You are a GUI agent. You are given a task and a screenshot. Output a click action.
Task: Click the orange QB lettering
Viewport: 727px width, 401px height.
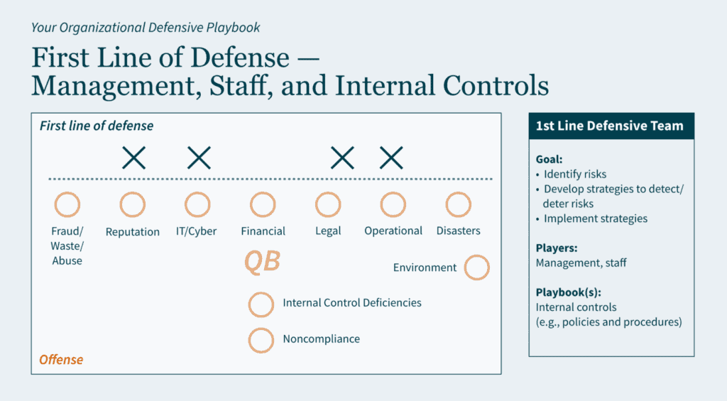(x=263, y=262)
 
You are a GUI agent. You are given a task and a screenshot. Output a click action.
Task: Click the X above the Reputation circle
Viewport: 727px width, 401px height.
(x=134, y=158)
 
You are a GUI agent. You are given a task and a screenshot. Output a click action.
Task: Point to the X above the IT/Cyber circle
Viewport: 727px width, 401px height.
(x=199, y=158)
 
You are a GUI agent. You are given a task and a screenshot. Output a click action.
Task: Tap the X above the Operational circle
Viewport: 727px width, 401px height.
(x=391, y=158)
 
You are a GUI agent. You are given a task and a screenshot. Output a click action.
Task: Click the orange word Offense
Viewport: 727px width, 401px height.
(x=61, y=360)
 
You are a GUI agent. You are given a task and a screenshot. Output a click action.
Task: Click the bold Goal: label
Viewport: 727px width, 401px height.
(x=549, y=160)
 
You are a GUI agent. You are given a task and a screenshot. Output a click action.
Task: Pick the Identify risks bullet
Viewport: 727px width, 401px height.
(x=572, y=175)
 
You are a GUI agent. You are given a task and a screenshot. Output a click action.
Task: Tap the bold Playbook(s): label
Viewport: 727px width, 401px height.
(x=569, y=292)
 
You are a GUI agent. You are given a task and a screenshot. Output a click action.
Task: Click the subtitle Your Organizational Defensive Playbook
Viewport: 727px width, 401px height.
(x=146, y=28)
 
